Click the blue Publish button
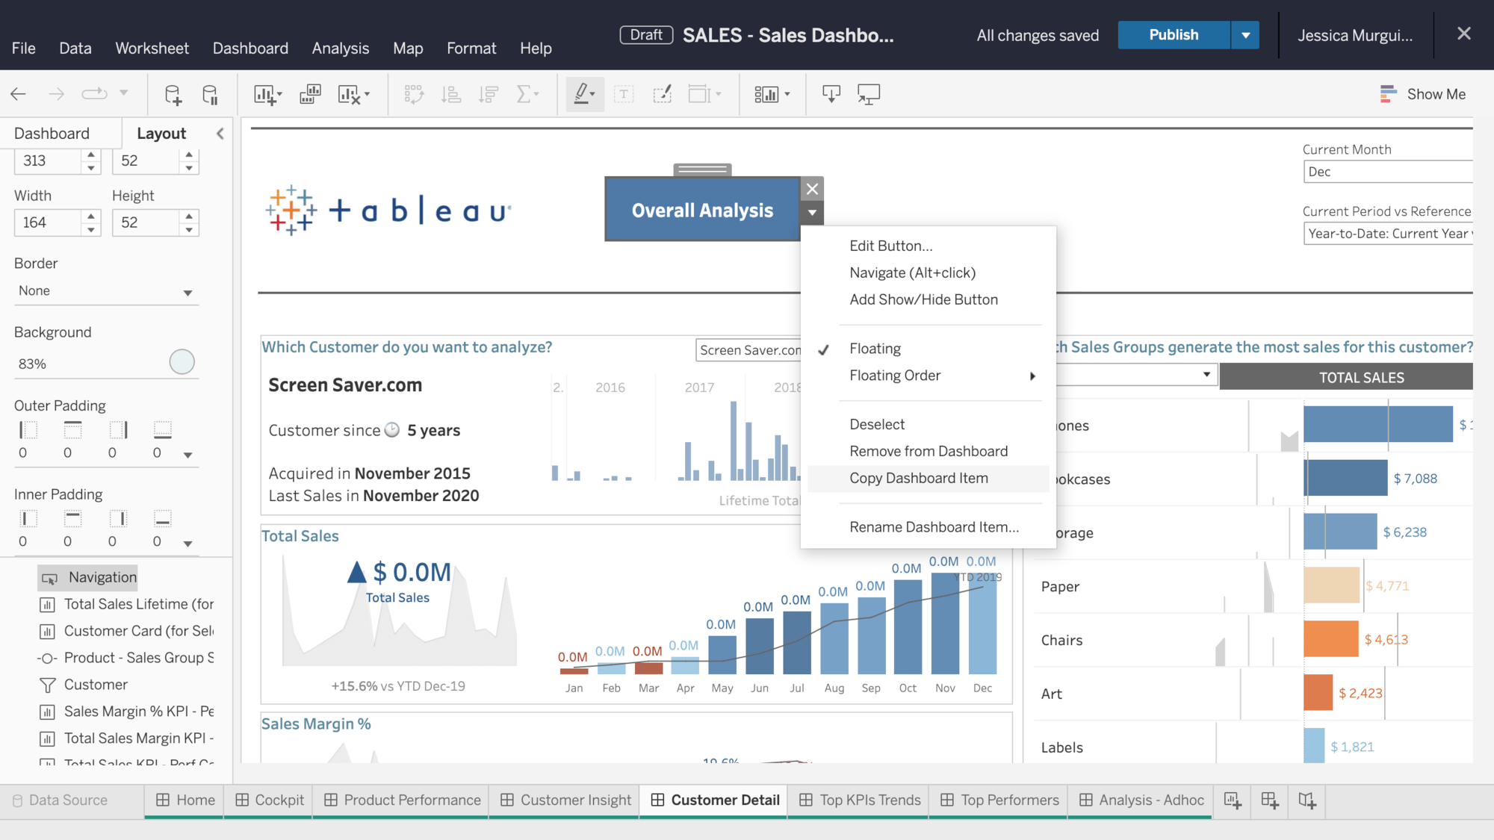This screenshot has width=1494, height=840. pos(1173,35)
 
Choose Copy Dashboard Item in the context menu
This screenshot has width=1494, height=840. pos(918,479)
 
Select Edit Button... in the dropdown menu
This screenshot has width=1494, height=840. pos(890,246)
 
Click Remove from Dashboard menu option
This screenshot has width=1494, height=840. pos(928,451)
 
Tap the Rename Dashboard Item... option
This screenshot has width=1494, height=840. pos(934,527)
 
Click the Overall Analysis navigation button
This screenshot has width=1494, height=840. pos(702,211)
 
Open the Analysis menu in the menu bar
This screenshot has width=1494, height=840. pos(340,49)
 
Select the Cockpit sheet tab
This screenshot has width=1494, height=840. pos(270,800)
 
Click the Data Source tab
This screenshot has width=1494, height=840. pos(68,800)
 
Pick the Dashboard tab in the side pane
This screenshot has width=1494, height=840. pos(52,134)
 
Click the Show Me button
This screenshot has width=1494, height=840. pos(1422,94)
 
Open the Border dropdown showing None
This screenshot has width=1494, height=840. pos(105,291)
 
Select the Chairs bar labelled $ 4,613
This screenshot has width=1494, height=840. pos(1330,639)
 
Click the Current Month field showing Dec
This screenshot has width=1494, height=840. pos(1386,172)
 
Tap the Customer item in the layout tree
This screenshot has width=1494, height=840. pos(96,685)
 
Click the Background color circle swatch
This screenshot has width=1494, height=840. pos(182,362)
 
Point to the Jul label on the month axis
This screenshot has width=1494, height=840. pos(796,688)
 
